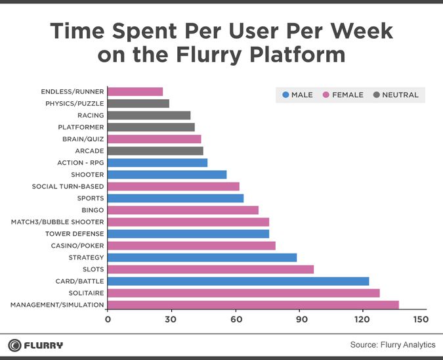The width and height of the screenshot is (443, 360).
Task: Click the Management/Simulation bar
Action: [x=253, y=305]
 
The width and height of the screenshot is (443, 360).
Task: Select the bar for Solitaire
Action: [x=243, y=293]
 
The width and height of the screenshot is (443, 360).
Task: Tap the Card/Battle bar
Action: [x=238, y=281]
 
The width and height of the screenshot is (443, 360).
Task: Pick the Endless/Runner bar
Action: [x=135, y=92]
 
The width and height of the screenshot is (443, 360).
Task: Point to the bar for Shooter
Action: [x=167, y=175]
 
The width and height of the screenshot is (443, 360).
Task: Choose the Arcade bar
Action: [x=155, y=151]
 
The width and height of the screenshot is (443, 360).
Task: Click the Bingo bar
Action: [x=182, y=210]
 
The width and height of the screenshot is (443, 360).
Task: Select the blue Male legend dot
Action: [x=285, y=95]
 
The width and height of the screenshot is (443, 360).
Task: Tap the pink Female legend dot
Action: [x=327, y=95]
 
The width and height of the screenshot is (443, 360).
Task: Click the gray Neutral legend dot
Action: [x=375, y=95]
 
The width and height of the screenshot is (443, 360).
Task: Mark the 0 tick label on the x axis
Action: [x=108, y=320]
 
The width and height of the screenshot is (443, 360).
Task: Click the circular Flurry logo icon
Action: [x=14, y=345]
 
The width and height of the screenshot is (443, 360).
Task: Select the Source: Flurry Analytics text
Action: [x=392, y=345]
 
